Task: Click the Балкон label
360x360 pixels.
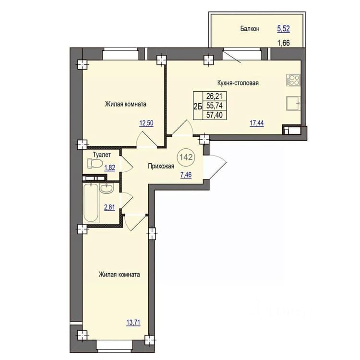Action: [x=250, y=29]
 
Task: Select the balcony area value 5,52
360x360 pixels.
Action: [x=283, y=29]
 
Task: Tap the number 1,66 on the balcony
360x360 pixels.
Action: [x=284, y=43]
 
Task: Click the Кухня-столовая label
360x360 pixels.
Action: [x=238, y=83]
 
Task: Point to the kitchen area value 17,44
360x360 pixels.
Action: [x=257, y=123]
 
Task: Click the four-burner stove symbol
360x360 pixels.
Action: [x=293, y=80]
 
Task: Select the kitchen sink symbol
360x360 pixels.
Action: [x=293, y=103]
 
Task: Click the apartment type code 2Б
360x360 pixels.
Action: [x=198, y=106]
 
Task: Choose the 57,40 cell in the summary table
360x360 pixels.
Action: [x=215, y=115]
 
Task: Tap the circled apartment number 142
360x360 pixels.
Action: [x=186, y=157]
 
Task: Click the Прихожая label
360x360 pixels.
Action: [x=161, y=166]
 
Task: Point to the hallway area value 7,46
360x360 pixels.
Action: [x=186, y=175]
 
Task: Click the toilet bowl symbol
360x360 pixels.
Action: [x=95, y=164]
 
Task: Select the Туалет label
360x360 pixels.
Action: [x=102, y=155]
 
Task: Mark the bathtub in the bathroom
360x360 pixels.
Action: [x=91, y=203]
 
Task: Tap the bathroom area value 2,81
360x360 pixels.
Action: [x=109, y=207]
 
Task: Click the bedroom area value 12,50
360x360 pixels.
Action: [x=146, y=123]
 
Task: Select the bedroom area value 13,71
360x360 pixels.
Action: [x=133, y=323]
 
